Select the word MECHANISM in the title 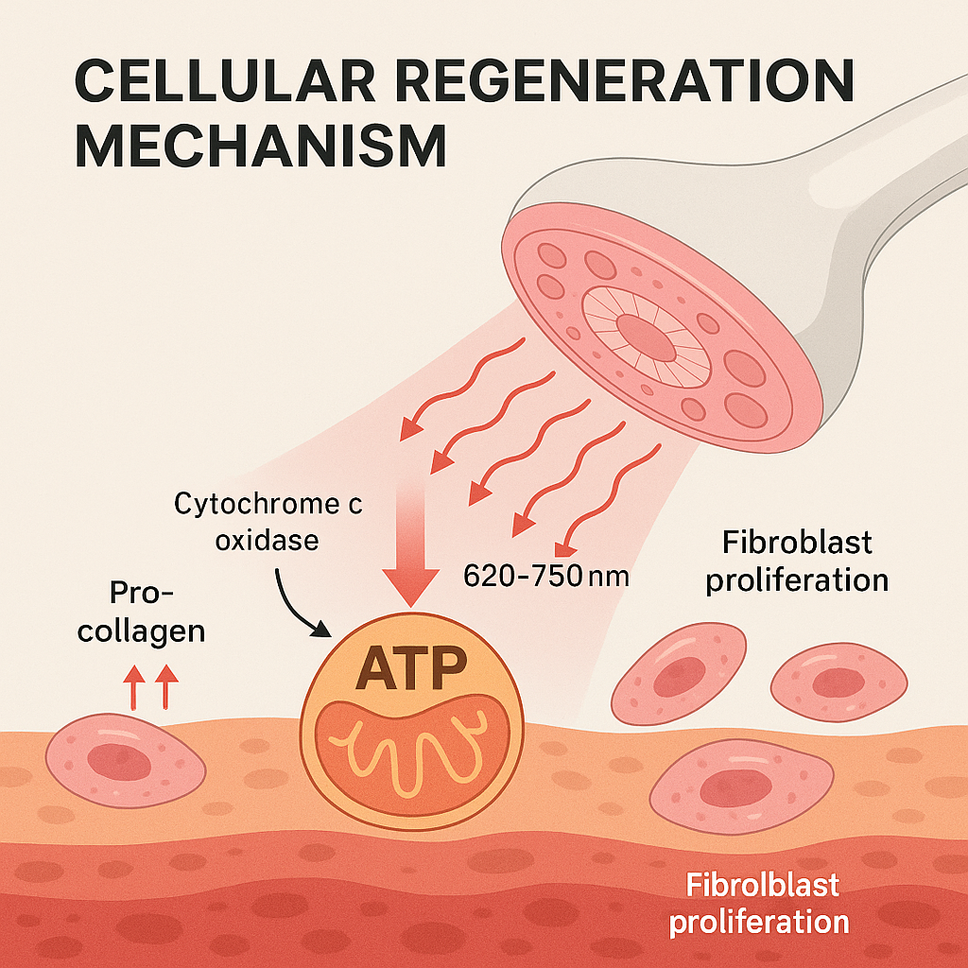(x=260, y=148)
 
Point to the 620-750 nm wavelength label (x=545, y=575)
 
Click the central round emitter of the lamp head (x=646, y=335)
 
